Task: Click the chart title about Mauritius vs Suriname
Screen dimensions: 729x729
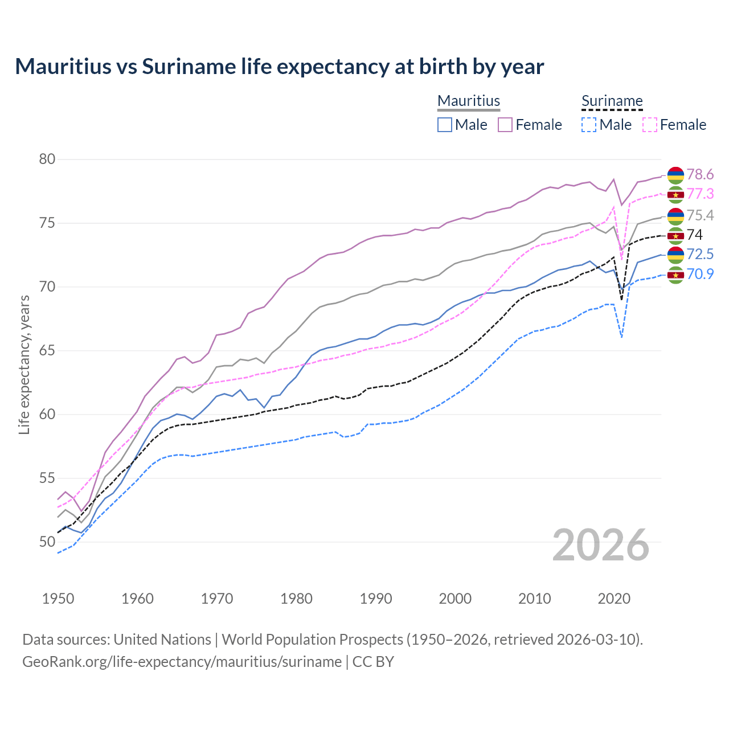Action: (x=279, y=67)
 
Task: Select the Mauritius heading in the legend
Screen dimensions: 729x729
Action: (x=469, y=101)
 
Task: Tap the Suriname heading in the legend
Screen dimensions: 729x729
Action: (x=612, y=101)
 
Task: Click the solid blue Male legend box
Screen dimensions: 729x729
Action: (x=445, y=125)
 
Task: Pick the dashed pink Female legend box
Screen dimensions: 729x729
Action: (x=650, y=125)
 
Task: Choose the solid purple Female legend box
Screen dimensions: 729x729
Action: (x=505, y=125)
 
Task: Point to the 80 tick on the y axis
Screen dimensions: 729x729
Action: (x=47, y=159)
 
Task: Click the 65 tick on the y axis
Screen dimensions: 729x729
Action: (x=47, y=350)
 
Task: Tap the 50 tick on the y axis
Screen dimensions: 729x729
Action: (x=47, y=542)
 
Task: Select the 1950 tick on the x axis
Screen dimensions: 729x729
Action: (x=59, y=599)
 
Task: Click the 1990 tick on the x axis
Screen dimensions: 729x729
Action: (x=376, y=599)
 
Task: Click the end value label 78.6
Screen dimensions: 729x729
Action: (x=700, y=174)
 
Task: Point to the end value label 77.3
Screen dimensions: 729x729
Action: (x=700, y=194)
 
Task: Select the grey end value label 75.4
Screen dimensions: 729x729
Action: (x=700, y=215)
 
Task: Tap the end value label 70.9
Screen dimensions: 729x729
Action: (x=700, y=275)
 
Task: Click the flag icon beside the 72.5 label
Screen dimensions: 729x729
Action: (x=675, y=255)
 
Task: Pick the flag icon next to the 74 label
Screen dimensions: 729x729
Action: (x=675, y=235)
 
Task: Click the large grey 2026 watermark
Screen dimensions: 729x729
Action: (x=601, y=545)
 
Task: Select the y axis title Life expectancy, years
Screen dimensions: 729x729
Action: (x=24, y=364)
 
